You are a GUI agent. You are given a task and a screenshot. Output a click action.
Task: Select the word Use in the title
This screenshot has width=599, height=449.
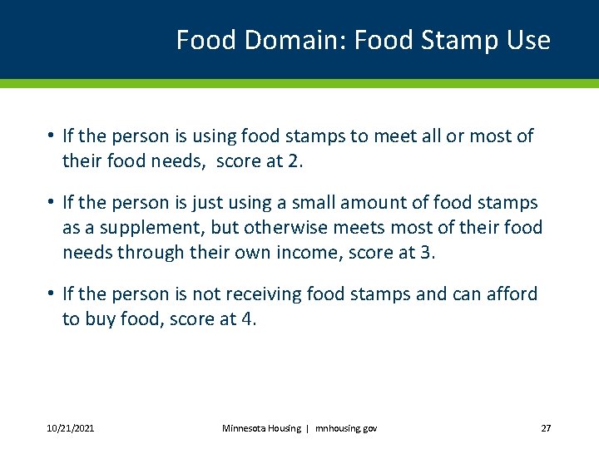coord(529,40)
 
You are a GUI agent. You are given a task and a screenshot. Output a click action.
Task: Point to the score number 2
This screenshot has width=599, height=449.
coord(296,160)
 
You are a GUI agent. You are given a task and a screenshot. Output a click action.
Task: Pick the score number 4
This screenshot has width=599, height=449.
coord(248,318)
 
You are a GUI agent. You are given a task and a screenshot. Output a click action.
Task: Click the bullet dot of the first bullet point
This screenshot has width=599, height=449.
coord(52,136)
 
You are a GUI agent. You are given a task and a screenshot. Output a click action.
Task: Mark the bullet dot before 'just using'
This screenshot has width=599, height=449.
coord(52,203)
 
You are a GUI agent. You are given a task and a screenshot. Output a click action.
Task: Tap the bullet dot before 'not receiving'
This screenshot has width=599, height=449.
coord(52,294)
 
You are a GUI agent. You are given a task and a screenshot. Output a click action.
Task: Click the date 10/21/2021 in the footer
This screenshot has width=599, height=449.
coord(71,428)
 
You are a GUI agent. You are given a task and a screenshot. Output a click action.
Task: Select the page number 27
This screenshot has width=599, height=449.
coord(546,428)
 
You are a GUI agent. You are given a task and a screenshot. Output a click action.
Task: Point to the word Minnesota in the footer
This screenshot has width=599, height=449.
coord(245,428)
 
